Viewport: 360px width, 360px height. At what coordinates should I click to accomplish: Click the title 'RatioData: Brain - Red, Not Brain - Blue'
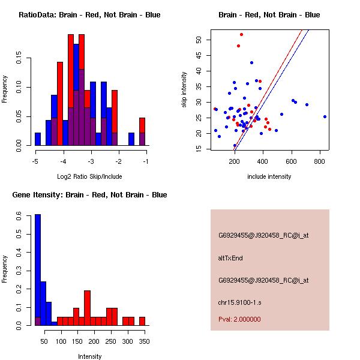coord(89,15)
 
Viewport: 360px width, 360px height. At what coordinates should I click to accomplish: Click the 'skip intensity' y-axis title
coord(184,90)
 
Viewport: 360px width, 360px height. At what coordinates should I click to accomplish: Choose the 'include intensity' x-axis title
coord(269,176)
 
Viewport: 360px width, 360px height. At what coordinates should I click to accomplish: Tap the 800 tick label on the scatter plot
coord(320,161)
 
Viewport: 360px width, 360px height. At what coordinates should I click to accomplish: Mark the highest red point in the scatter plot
coord(241,34)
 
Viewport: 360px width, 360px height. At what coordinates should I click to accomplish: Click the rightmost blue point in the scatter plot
coord(325,116)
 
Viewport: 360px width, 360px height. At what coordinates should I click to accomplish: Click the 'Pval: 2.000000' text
coord(239,319)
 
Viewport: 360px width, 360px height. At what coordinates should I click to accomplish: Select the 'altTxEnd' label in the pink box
coord(230,257)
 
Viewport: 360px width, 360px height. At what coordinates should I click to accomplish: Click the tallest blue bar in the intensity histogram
coord(38,270)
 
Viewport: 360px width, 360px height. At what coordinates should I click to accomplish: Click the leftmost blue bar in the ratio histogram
coord(38,139)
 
